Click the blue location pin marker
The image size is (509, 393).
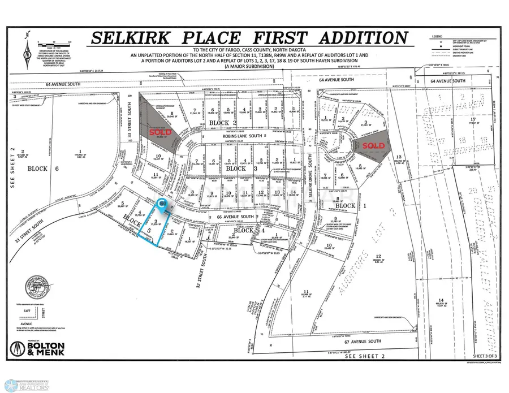[162, 203]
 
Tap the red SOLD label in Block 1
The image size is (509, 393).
[373, 145]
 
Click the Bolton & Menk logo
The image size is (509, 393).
[38, 347]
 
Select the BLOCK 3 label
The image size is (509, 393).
[236, 169]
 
